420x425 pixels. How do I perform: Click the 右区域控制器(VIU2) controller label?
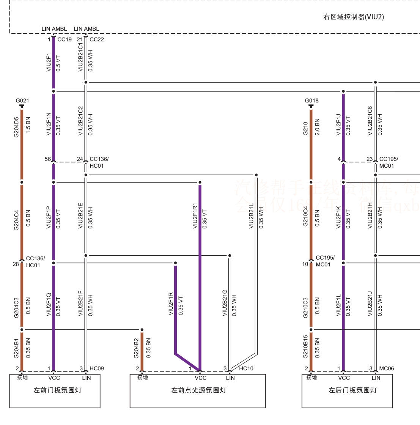[353, 17]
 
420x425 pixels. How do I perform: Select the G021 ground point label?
[22, 101]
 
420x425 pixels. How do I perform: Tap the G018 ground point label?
[311, 101]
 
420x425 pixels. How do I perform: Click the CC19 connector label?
[64, 39]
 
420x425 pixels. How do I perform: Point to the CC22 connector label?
[97, 39]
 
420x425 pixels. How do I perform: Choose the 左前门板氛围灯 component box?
[55, 391]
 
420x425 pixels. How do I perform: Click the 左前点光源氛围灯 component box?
[198, 391]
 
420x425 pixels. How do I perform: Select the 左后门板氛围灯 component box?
[347, 391]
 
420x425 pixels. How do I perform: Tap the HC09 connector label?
[97, 368]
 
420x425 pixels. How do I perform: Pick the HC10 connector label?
[246, 368]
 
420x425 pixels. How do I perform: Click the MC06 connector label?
[387, 368]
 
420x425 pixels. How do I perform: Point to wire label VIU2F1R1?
[195, 216]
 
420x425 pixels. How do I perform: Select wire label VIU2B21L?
[251, 216]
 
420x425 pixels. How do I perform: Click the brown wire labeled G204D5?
[22, 144]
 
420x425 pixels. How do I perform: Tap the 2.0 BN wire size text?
[318, 127]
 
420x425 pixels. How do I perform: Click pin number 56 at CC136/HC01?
[47, 159]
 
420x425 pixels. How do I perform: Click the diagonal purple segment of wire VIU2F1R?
[187, 362]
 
